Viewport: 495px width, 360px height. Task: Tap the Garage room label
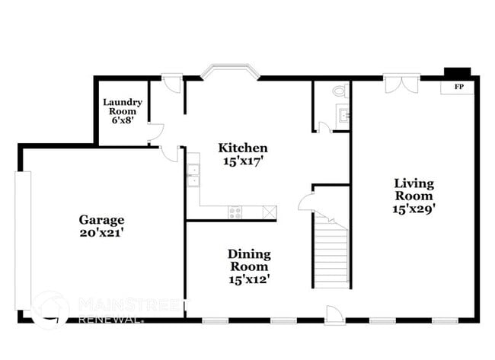tap(101, 220)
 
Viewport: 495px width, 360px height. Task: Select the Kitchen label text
tap(243, 148)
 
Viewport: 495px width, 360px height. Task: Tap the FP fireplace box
tap(458, 87)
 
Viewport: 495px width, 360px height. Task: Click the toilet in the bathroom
tap(340, 91)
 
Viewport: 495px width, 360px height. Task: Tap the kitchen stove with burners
tap(235, 212)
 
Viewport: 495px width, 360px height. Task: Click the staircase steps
tap(331, 251)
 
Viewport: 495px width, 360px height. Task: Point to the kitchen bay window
tap(230, 73)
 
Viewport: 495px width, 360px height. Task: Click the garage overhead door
tap(24, 241)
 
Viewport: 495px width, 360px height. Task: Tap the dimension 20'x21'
tap(101, 234)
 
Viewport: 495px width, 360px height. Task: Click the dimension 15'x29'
tap(414, 207)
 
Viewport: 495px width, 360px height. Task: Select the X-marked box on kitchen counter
tap(268, 212)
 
